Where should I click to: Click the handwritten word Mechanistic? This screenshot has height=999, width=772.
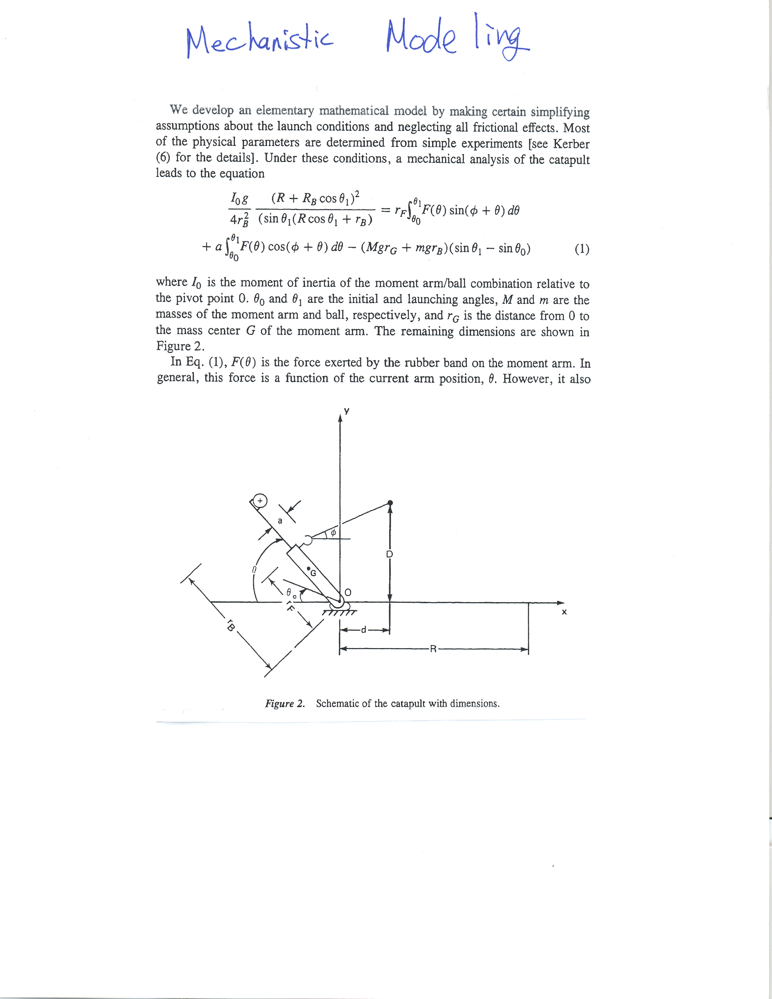(x=260, y=41)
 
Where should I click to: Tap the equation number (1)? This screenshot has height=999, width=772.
(x=582, y=249)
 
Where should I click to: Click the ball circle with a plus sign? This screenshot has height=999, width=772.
(x=260, y=501)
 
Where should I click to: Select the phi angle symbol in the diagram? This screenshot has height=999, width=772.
(x=333, y=532)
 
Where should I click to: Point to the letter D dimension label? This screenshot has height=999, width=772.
(x=390, y=554)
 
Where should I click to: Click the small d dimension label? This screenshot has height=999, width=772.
(x=364, y=630)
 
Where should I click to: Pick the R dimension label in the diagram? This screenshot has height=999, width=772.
(x=433, y=649)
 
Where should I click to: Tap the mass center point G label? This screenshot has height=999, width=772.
(x=313, y=572)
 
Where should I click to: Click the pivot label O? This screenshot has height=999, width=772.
(x=348, y=593)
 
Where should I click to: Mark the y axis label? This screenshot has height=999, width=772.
(x=347, y=411)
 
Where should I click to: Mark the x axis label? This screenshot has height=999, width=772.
(x=564, y=612)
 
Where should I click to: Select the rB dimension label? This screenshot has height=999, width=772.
(x=230, y=626)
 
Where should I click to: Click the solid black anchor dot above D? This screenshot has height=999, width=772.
(x=390, y=503)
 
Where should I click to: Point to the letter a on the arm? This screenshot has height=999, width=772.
(x=280, y=520)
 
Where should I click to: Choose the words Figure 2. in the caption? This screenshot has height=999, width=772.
(x=285, y=703)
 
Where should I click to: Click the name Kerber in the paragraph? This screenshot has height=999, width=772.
(x=571, y=144)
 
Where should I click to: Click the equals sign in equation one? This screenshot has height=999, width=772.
(x=385, y=210)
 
